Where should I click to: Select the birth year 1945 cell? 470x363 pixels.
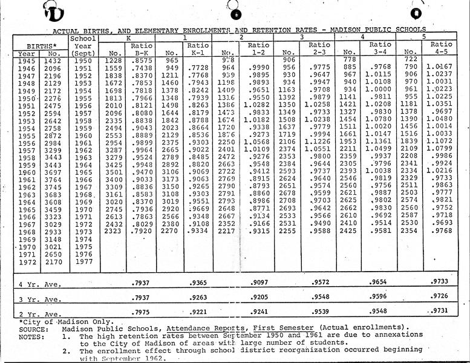tap(27, 61)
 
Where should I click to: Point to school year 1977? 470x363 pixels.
tap(83, 262)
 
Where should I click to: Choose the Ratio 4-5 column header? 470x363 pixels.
tap(442, 48)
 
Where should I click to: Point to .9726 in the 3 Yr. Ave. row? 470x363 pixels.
tap(443, 296)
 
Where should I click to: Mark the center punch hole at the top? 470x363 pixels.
tap(237, 14)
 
